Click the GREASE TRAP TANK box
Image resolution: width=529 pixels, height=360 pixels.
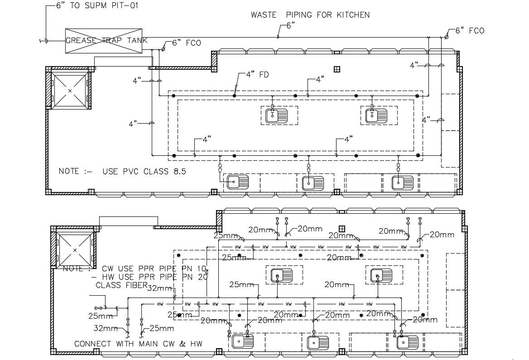[107, 41]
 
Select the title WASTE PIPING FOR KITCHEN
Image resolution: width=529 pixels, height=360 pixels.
[310, 15]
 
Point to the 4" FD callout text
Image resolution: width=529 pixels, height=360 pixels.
[257, 74]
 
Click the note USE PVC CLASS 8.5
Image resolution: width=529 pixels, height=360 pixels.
[122, 172]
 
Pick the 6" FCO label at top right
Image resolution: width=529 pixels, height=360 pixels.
[470, 31]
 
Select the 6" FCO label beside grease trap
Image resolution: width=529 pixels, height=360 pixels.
[187, 43]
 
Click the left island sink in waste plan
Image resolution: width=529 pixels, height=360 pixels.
[276, 115]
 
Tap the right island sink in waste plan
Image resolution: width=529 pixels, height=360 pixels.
[376, 115]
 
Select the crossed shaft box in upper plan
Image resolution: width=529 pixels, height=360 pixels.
[69, 91]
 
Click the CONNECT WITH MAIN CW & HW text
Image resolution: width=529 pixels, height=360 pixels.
[138, 344]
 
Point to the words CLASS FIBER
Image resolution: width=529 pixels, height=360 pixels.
[121, 285]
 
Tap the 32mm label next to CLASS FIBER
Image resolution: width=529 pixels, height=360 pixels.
[160, 288]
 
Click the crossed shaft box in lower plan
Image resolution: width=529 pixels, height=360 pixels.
[75, 250]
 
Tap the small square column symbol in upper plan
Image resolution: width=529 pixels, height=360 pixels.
[337, 69]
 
